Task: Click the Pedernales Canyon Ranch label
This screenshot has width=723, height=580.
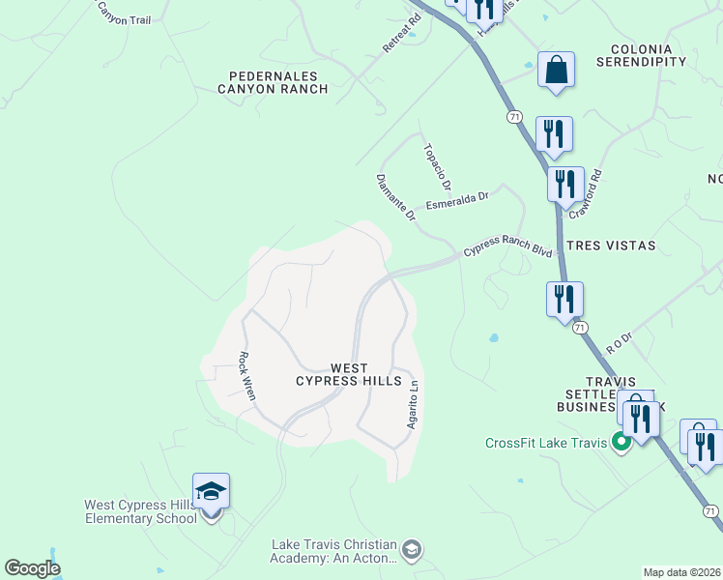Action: pos(278,82)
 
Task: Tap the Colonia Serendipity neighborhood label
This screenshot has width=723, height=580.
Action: pos(648,55)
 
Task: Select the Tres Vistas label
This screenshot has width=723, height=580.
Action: pos(611,246)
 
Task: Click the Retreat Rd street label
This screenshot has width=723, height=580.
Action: pos(402,32)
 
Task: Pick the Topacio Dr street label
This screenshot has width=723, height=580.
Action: pos(437,165)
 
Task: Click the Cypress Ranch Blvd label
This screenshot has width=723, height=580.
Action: pos(507,246)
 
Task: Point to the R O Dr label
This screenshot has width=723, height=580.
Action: pos(619,341)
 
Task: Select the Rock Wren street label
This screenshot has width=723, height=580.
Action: pos(247,375)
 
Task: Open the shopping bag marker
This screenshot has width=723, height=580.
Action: pos(556,70)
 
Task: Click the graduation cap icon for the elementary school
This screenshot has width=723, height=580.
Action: pos(211,491)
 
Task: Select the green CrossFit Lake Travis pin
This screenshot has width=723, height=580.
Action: pos(621,443)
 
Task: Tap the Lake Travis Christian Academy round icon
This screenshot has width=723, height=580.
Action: pos(413,550)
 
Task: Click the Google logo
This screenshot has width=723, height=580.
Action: pos(32,568)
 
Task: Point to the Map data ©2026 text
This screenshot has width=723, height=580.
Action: pos(682,572)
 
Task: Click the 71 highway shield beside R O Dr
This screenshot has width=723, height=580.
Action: pos(580,328)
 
